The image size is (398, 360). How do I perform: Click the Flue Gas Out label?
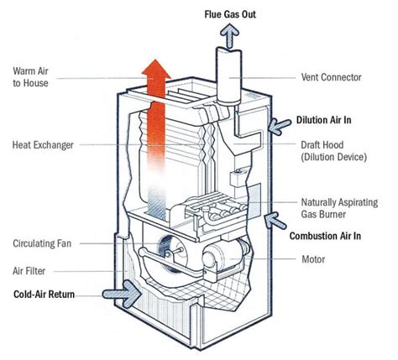[x=230, y=14]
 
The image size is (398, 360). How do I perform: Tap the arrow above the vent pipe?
[x=229, y=35]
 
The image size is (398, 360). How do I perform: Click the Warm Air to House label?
[x=30, y=77]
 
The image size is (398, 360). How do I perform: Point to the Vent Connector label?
[x=331, y=77]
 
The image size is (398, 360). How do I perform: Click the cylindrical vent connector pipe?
[x=228, y=76]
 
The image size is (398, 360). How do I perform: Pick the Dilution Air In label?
[x=323, y=120]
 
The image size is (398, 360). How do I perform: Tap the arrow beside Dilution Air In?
[x=280, y=127]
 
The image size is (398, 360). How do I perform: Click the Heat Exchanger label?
[x=43, y=145]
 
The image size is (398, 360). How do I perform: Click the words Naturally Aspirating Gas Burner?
[x=339, y=208]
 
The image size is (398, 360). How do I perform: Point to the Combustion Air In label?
[x=325, y=236]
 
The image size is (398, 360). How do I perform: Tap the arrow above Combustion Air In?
[x=275, y=221]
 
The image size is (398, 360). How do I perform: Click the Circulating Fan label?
[x=42, y=243]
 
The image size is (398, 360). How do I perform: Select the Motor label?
[x=313, y=259]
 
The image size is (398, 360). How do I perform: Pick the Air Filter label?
[x=29, y=271]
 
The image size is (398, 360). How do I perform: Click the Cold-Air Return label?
[x=44, y=295]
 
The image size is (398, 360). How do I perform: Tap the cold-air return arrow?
[x=122, y=294]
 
